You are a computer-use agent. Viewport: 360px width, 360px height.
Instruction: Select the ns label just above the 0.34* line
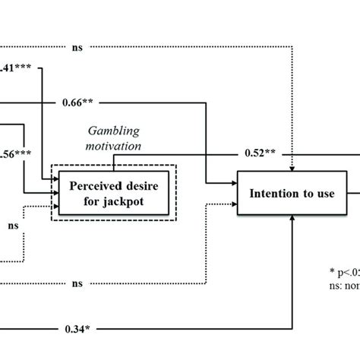[77, 284]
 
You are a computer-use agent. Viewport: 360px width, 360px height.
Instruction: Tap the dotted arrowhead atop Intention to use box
[292, 169]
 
